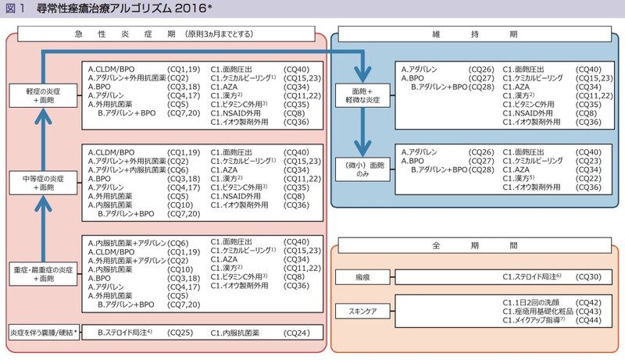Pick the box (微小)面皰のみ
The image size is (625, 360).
[x=363, y=169]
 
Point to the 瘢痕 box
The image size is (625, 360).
[x=363, y=277]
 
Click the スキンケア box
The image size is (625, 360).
[x=363, y=311]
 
